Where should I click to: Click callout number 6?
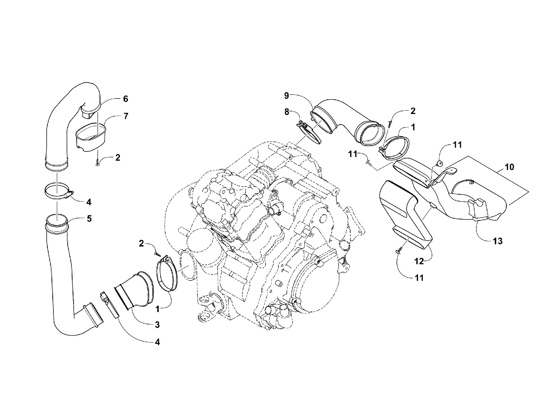pyautogui.click(x=125, y=99)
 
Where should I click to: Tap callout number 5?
pyautogui.click(x=89, y=219)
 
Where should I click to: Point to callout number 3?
pyautogui.click(x=157, y=324)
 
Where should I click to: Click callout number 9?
pyautogui.click(x=287, y=96)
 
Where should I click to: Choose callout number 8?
pyautogui.click(x=287, y=112)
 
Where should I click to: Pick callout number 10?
pyautogui.click(x=509, y=167)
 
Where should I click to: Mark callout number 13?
pyautogui.click(x=498, y=241)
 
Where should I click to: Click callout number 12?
pyautogui.click(x=419, y=261)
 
